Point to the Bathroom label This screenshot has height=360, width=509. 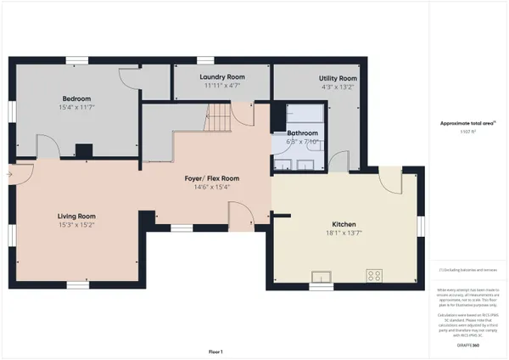coord(302,133)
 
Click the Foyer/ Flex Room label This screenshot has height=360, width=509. coord(212,178)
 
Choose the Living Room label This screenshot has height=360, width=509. coord(76,217)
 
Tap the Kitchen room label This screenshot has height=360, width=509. coord(344,224)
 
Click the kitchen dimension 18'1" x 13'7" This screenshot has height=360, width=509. coord(344,233)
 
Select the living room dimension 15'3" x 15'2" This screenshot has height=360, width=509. coord(76,225)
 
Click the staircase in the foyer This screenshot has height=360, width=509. coord(219,115)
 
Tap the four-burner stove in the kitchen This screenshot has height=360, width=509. coord(373,275)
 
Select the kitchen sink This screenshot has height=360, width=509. coord(322,276)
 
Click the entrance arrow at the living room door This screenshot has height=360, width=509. coord(9,174)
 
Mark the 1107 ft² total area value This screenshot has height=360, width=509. coord(467,132)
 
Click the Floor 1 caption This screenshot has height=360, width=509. coord(215,351)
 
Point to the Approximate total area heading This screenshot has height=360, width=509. coord(467,123)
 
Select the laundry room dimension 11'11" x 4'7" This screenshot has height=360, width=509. coord(222,86)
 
